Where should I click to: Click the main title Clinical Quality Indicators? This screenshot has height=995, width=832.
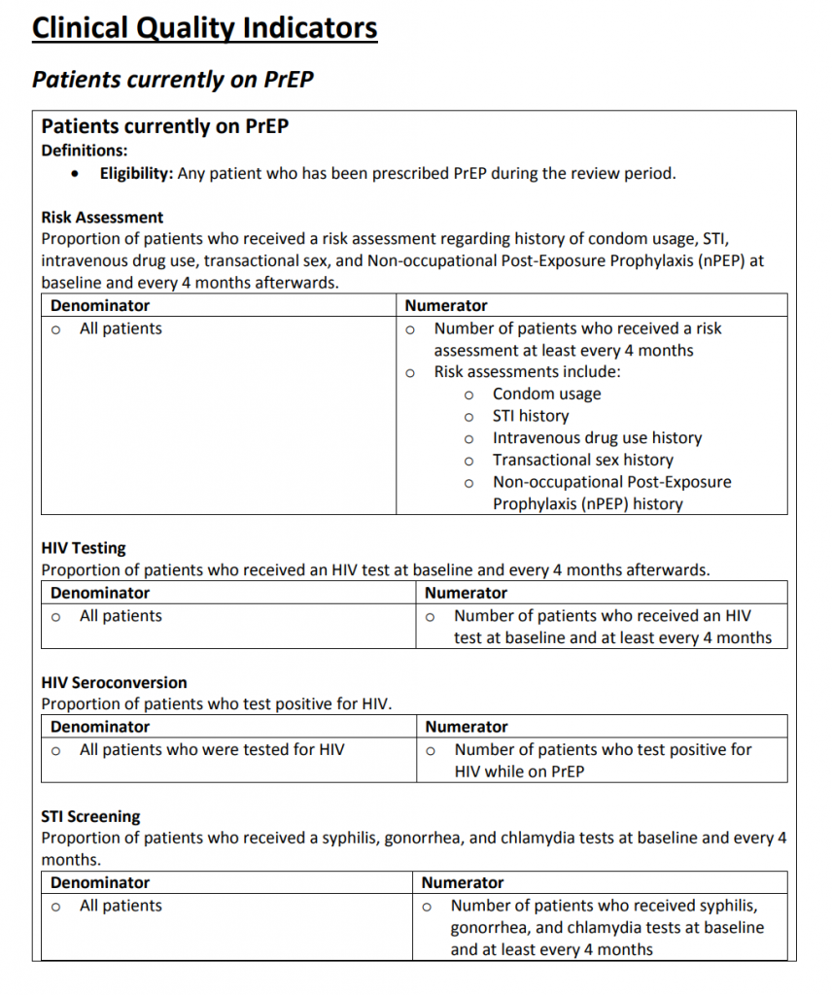tap(204, 28)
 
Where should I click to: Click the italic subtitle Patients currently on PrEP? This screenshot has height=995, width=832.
tap(173, 80)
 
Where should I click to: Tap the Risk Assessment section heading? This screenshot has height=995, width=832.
tap(102, 218)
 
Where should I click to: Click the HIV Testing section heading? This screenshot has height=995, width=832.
tap(84, 548)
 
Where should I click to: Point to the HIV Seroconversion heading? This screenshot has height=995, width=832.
tap(114, 682)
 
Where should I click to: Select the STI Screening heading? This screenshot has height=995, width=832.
tap(90, 816)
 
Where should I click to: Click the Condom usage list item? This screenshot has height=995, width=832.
tap(546, 394)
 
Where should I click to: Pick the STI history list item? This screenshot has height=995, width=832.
tap(530, 416)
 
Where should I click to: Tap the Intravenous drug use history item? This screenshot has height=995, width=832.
tap(597, 438)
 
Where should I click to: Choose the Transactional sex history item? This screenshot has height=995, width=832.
tap(582, 460)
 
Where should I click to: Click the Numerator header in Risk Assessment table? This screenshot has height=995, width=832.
tap(446, 306)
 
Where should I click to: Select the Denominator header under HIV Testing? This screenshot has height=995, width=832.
tap(100, 593)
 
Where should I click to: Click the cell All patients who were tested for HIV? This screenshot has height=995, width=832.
tap(211, 749)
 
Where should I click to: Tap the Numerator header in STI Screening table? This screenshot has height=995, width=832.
tap(463, 882)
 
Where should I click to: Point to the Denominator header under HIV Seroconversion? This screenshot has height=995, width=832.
tap(100, 727)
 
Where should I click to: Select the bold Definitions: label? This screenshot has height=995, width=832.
tap(84, 151)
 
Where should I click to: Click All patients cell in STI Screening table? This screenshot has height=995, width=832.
tap(121, 906)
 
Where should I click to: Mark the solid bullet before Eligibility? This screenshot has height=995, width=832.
tap(77, 175)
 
